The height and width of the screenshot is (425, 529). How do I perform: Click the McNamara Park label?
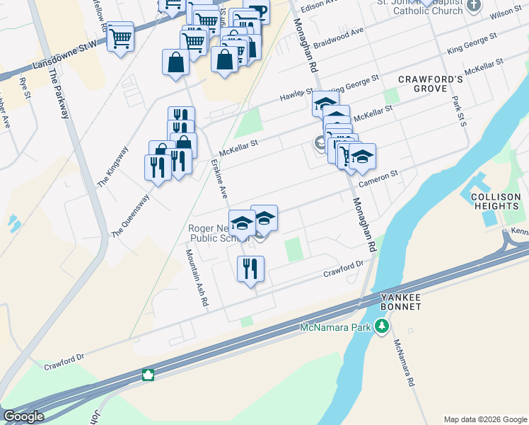point(335,327)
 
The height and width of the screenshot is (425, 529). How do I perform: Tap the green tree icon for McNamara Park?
point(383,327)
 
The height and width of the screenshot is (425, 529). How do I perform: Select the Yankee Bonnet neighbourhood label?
point(401,301)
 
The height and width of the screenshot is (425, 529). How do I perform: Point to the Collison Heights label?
point(496,200)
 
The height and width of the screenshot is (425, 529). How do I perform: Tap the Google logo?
point(23,416)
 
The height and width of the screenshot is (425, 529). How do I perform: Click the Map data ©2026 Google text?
point(484,419)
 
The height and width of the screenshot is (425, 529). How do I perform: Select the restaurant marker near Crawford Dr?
point(250,269)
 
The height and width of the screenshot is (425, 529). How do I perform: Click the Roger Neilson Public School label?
point(219,233)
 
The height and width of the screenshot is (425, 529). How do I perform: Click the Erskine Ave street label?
point(219,179)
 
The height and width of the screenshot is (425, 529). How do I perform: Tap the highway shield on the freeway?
point(149,375)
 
